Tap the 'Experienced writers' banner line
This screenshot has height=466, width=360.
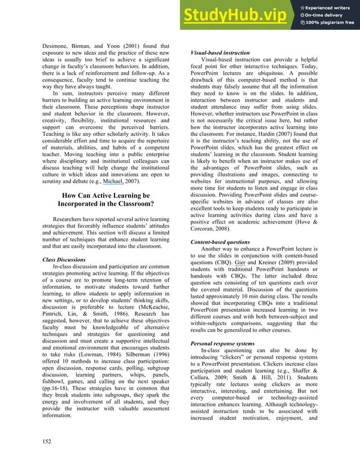tap(331, 6)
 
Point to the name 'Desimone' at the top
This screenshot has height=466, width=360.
tap(59, 46)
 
